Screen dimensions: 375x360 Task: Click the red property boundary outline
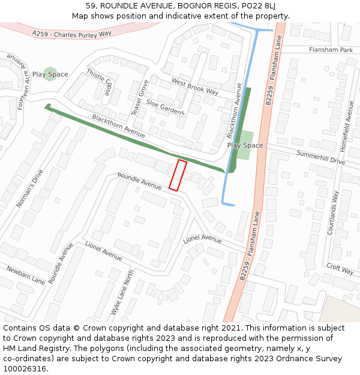(178, 175)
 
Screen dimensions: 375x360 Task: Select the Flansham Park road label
(331, 50)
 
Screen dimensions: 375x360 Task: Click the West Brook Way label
(195, 86)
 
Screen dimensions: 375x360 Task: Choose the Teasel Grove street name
(139, 98)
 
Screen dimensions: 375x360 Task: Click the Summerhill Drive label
(321, 158)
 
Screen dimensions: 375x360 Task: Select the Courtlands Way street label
(337, 212)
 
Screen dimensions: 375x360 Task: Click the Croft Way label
(340, 268)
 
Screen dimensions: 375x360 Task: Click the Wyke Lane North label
(122, 292)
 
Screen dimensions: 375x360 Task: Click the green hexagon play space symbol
(50, 74)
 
